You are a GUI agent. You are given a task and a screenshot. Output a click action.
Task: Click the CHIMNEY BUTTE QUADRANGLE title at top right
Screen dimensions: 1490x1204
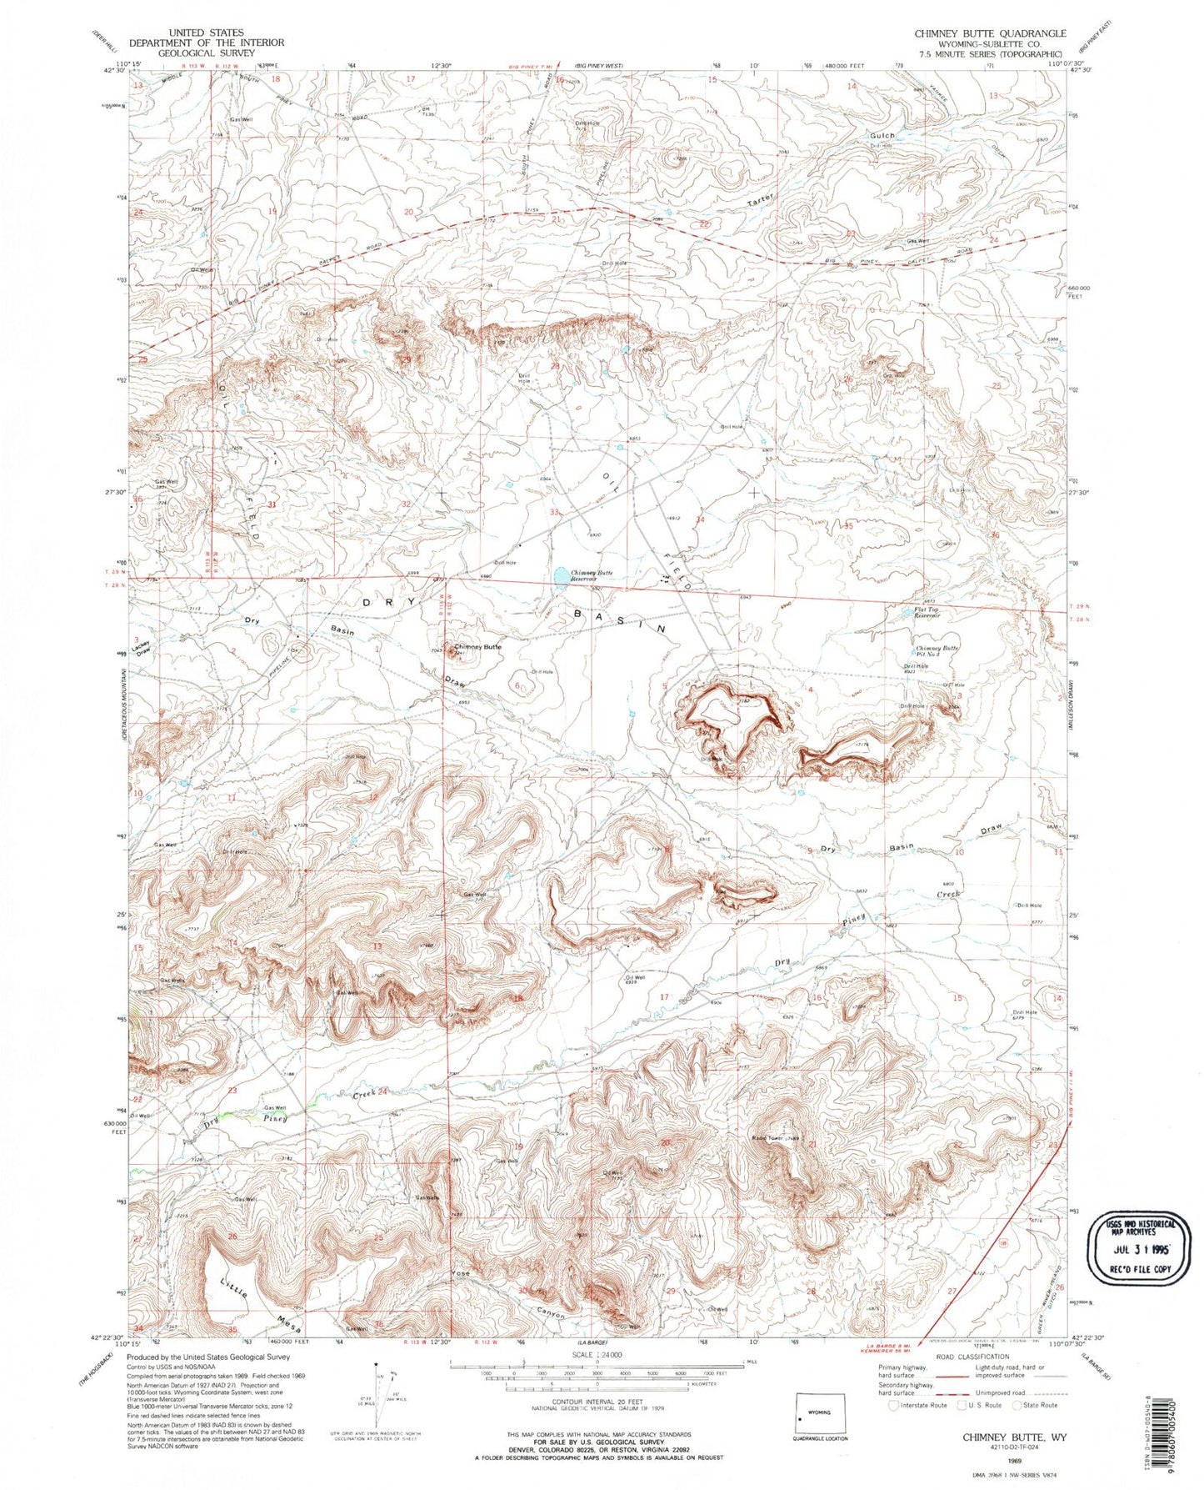pos(990,33)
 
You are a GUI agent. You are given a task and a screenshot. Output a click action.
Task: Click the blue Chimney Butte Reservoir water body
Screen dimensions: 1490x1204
pos(562,576)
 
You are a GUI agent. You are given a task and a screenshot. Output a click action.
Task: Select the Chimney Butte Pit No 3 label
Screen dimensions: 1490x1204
pos(937,651)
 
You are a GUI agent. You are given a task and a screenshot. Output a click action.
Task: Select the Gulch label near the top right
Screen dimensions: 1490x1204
pos(882,135)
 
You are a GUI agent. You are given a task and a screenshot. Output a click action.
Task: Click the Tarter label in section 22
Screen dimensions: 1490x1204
pos(760,201)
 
